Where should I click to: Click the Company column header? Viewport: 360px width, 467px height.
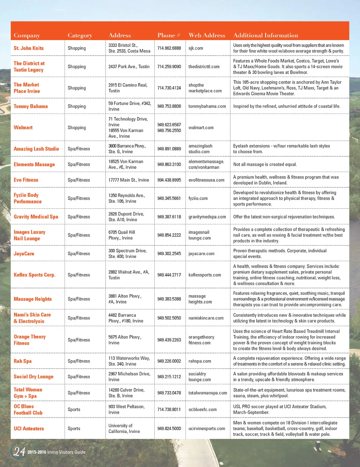pyautogui.click(x=27, y=35)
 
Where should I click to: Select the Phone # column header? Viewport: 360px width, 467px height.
pyautogui.click(x=169, y=35)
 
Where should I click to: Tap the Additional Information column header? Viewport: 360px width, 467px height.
pyautogui.click(x=265, y=35)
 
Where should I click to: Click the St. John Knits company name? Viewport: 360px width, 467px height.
pyautogui.click(x=28, y=48)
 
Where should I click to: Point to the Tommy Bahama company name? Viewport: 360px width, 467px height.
pyautogui.click(x=31, y=106)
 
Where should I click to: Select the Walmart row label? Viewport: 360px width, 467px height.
pyautogui.click(x=23, y=128)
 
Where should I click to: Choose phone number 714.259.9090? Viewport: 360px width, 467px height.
pyautogui.click(x=169, y=66)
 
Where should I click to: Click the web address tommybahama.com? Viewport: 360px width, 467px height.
pyautogui.click(x=207, y=106)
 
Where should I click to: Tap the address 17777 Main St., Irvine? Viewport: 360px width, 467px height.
pyautogui.click(x=129, y=180)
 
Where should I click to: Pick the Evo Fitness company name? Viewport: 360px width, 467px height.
pyautogui.click(x=26, y=180)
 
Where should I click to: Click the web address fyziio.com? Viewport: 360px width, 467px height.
pyautogui.click(x=198, y=198)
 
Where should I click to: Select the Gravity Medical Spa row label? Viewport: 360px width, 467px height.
pyautogui.click(x=36, y=217)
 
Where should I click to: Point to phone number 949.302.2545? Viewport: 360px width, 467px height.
pyautogui.click(x=169, y=253)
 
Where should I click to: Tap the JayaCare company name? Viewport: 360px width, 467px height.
pyautogui.click(x=24, y=253)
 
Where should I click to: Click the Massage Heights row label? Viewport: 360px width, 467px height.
pyautogui.click(x=33, y=299)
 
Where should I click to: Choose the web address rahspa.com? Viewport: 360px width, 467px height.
pyautogui.click(x=200, y=361)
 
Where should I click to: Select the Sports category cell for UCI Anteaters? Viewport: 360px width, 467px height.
pyautogui.click(x=74, y=428)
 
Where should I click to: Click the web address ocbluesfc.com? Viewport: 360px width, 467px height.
pyautogui.click(x=202, y=409)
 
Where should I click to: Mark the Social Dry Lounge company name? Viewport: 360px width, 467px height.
pyautogui.click(x=33, y=377)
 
